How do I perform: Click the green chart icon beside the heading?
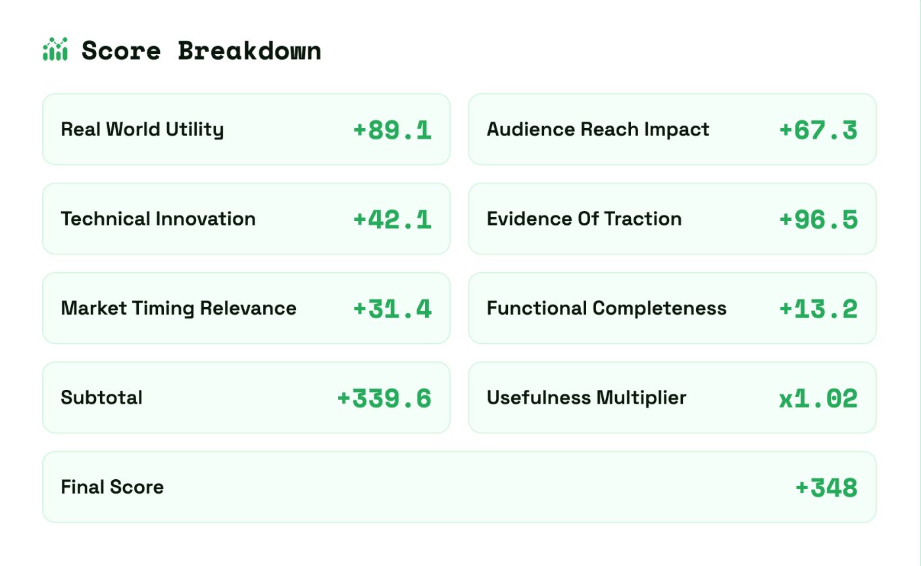coord(55,50)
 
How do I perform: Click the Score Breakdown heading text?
coord(201,51)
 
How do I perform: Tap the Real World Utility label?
coord(142,130)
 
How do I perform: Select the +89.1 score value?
coord(392,130)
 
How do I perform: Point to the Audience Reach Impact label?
coord(598,130)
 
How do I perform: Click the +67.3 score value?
coord(818,130)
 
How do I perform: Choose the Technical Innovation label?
coord(158,219)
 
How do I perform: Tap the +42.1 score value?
coord(392,220)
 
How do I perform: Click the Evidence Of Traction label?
coord(584,219)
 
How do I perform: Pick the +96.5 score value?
coord(818,220)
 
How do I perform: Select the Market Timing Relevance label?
coord(178,308)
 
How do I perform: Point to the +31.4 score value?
coord(392,309)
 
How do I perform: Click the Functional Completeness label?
coord(607,308)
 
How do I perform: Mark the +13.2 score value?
coord(818,309)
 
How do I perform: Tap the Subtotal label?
coord(101,398)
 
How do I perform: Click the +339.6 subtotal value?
coord(384,398)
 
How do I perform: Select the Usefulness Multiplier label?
coord(586,398)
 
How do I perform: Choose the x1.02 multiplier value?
coord(818,398)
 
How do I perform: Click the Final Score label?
coord(112,487)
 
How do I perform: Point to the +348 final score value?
coord(826,488)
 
